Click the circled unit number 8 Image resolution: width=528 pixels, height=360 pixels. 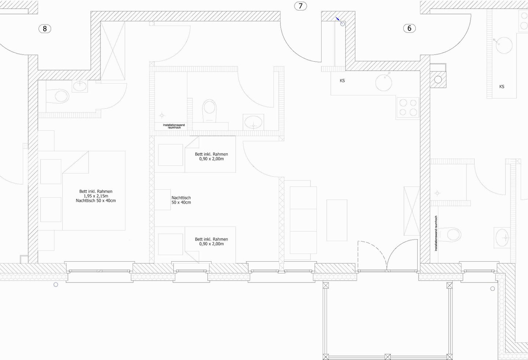45,29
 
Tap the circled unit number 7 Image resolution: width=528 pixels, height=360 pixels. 301,6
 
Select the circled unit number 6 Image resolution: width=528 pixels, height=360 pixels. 410,28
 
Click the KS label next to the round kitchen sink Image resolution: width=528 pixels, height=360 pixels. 342,81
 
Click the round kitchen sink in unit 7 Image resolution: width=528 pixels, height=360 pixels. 384,83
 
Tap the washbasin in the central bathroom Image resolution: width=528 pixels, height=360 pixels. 253,122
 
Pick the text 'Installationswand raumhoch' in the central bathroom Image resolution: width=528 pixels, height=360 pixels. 174,126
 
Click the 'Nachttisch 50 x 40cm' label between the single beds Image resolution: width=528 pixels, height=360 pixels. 181,200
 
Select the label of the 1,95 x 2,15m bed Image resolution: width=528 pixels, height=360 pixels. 96,196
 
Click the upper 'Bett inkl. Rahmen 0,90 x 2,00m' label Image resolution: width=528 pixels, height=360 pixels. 212,156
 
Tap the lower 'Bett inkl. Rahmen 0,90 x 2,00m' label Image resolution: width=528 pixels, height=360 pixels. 212,241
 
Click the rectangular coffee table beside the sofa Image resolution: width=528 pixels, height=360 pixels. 337,220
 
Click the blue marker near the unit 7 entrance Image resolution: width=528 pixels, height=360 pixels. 338,19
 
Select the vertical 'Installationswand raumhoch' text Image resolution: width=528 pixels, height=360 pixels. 436,233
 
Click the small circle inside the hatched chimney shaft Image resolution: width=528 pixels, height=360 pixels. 438,80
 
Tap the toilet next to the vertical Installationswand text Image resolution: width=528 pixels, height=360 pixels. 450,235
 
